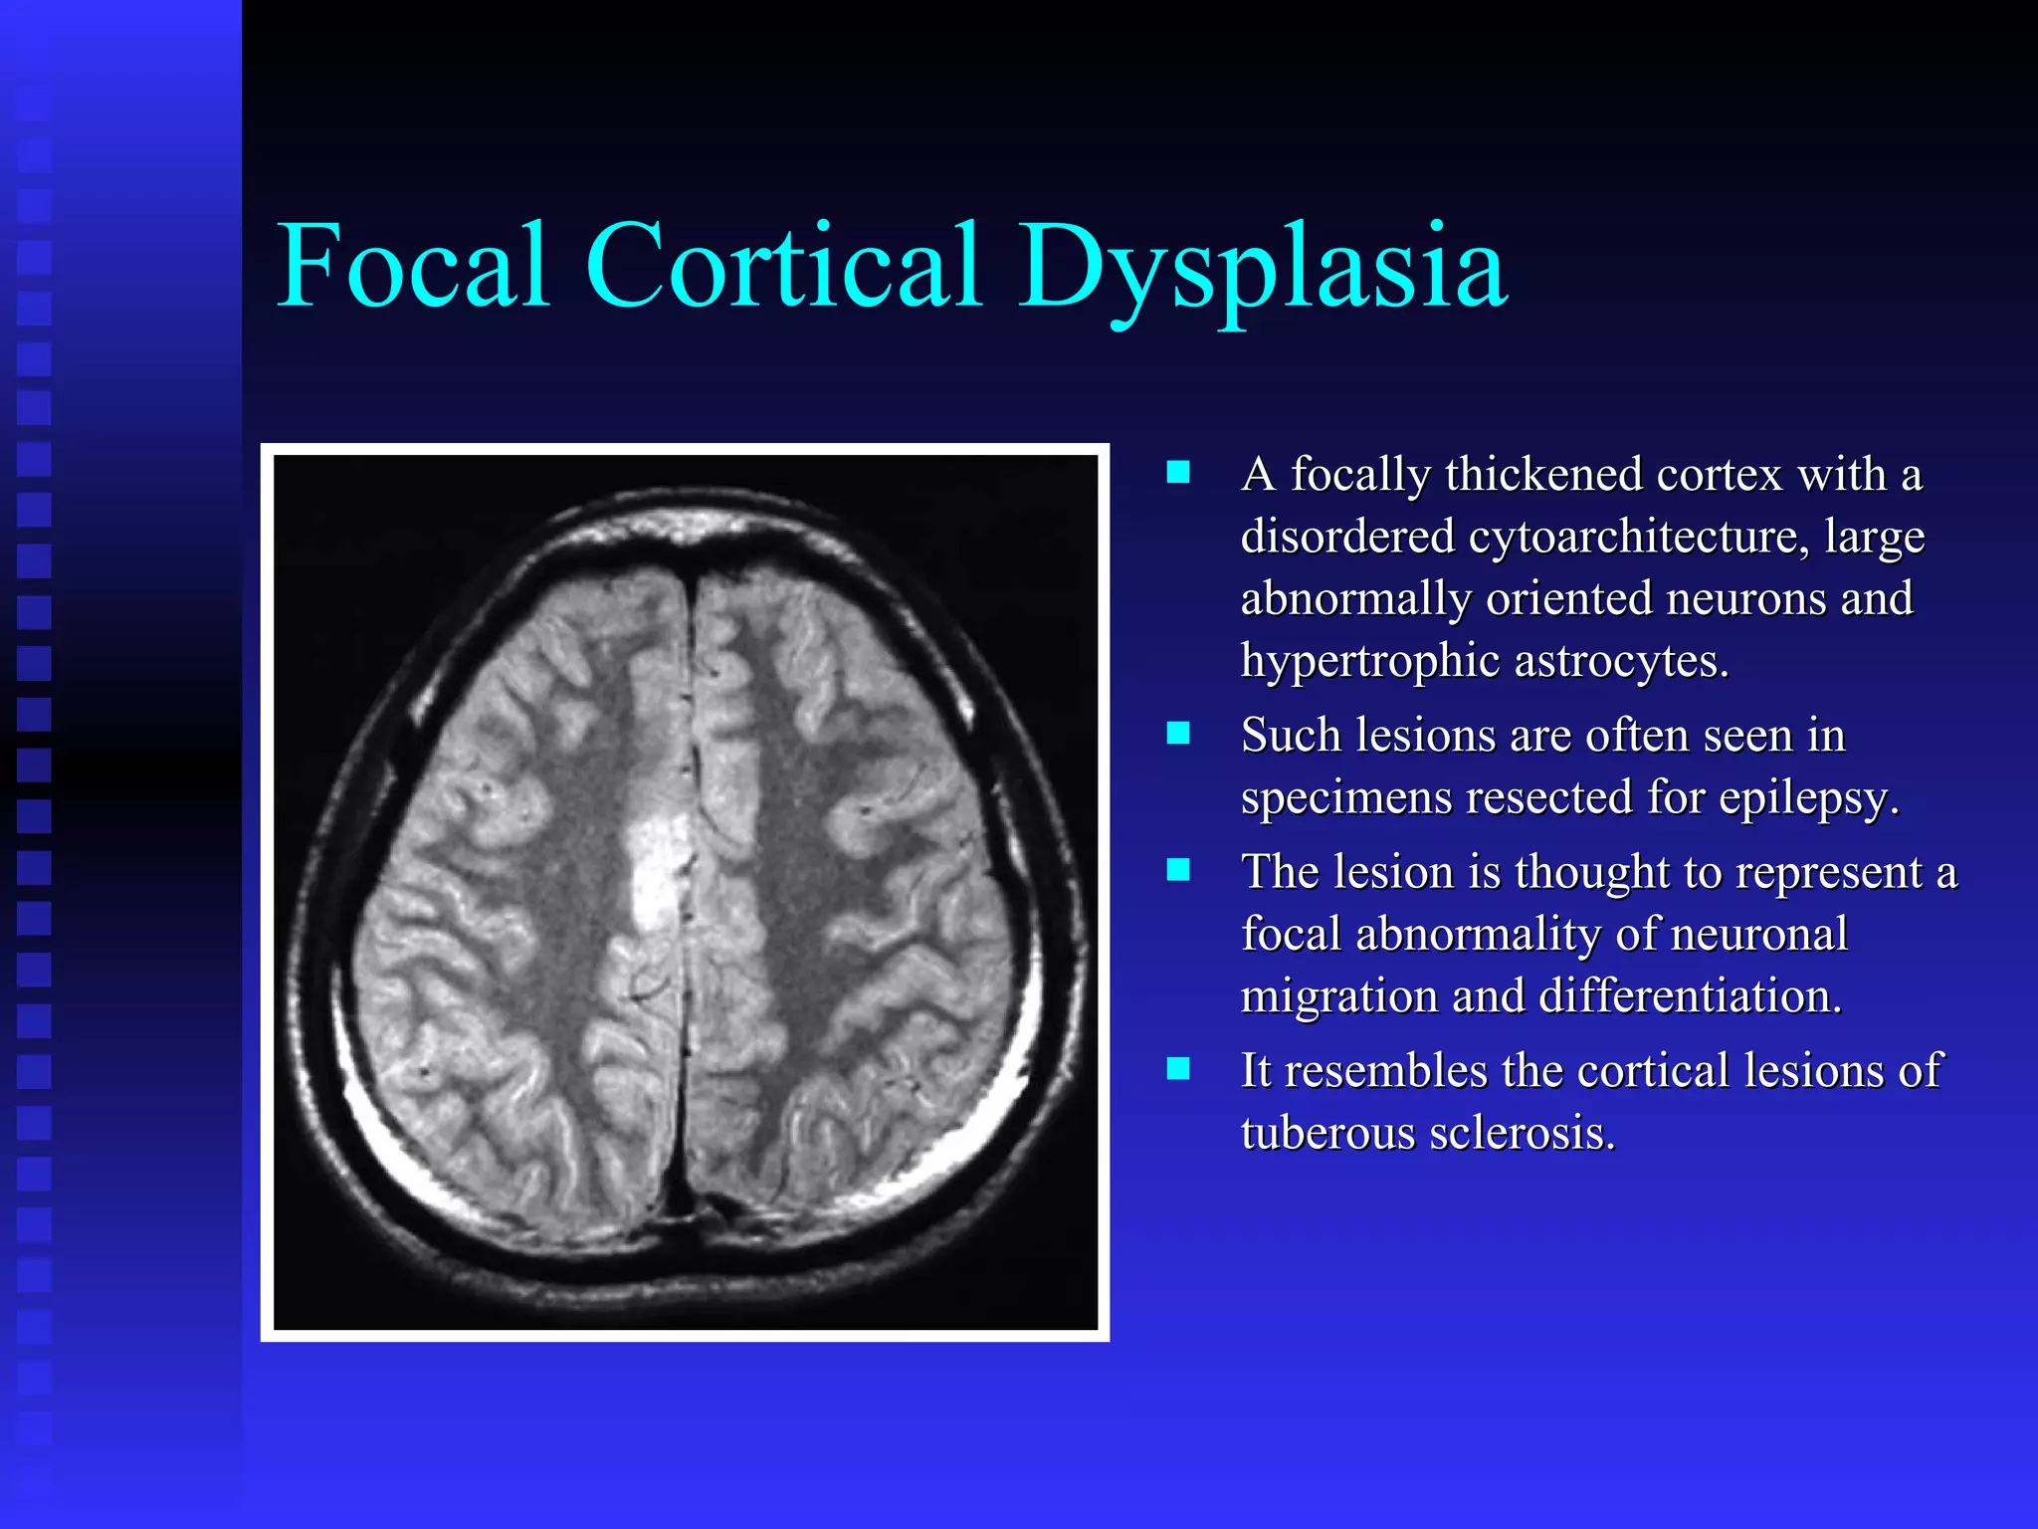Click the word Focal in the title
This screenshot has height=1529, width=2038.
tap(412, 266)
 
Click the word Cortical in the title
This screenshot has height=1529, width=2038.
tap(784, 266)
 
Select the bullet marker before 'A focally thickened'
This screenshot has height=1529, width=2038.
tap(1178, 472)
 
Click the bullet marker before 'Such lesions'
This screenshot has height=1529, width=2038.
tap(1178, 734)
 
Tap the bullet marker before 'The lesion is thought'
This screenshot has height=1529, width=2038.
tap(1178, 870)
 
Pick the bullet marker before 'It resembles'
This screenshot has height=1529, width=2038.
tap(1178, 1069)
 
